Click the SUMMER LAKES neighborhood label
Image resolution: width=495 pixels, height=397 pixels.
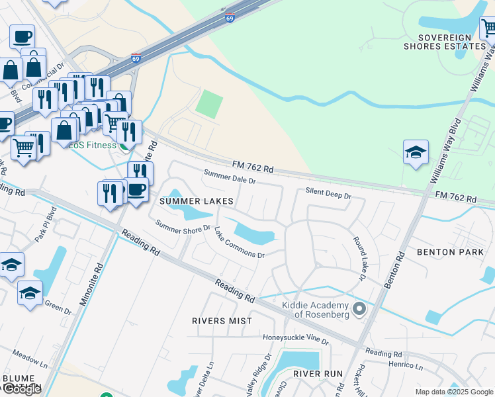point(195,200)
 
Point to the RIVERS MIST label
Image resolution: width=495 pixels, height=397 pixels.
point(222,321)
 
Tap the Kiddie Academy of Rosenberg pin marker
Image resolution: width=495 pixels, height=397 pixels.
point(359,309)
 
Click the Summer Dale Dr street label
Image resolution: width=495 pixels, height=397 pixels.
point(230,177)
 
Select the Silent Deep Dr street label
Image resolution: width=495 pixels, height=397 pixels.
point(328,194)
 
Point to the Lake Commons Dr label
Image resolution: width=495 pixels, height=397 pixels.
point(239,243)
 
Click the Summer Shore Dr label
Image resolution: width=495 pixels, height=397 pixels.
point(183,227)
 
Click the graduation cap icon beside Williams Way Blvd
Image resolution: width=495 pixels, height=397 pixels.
point(416,153)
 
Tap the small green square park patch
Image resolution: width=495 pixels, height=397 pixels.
point(209,104)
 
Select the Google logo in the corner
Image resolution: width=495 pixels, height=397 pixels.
point(22,389)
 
